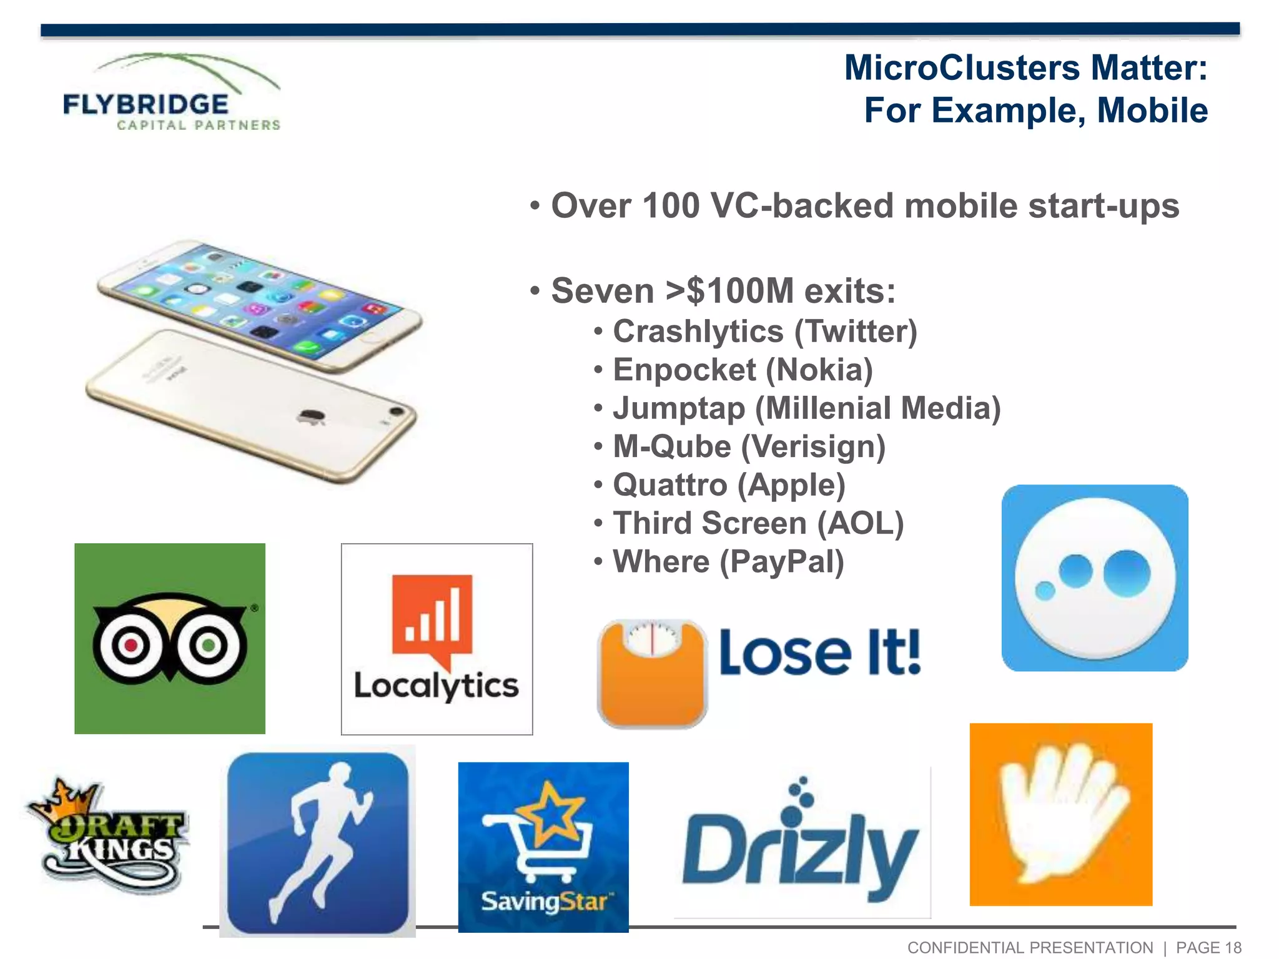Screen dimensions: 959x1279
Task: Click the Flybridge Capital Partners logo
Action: tap(172, 94)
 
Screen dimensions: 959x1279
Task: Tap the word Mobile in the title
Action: tap(1152, 111)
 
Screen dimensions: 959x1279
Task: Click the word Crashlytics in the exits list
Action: tap(698, 332)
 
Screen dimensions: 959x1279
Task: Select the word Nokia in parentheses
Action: tap(819, 370)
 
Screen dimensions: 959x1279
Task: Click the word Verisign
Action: tap(813, 447)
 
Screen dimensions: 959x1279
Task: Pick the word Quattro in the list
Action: tap(669, 485)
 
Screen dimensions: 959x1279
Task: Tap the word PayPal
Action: tap(781, 562)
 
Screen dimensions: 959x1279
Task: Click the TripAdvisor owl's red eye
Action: tap(131, 644)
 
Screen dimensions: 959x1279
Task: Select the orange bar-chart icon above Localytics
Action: tap(432, 618)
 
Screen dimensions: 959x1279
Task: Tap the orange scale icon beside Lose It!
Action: tap(652, 674)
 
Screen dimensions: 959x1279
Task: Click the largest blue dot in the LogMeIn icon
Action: tap(1127, 573)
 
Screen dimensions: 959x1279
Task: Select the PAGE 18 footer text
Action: tap(1208, 948)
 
